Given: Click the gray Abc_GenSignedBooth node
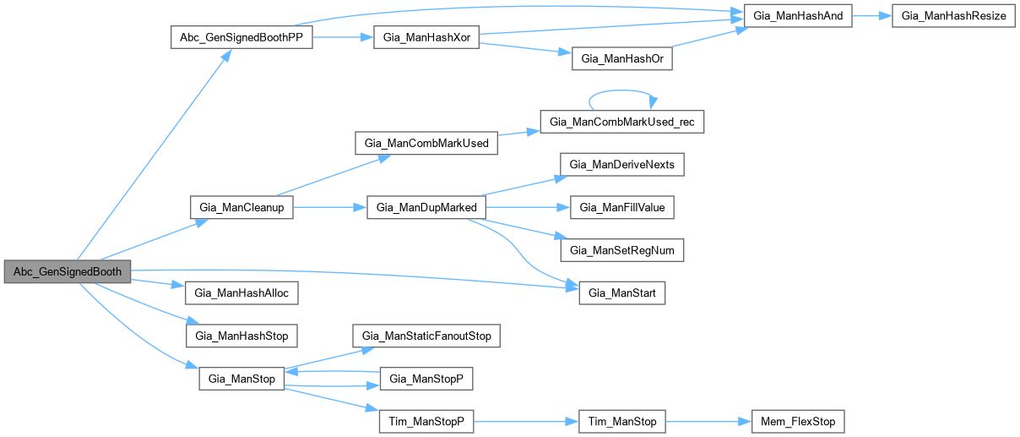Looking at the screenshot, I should tap(68, 272).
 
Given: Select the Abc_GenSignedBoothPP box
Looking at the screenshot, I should tap(241, 38).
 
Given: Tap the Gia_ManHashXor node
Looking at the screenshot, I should tap(426, 38).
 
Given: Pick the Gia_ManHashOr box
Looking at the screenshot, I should tap(621, 59).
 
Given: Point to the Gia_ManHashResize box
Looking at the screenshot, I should tap(953, 17).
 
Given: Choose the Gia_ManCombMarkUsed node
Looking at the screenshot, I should tap(426, 143).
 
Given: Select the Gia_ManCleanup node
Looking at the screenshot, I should tap(241, 208).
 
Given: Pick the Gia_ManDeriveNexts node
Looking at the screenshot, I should tap(621, 165).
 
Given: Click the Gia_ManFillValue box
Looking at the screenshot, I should tap(621, 207).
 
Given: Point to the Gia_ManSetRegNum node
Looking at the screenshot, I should tap(621, 250).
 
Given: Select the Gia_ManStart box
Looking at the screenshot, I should tap(621, 293).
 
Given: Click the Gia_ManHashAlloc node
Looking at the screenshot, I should tap(241, 293).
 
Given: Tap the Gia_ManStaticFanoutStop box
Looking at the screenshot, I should tap(426, 336).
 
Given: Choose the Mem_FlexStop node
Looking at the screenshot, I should tap(797, 421).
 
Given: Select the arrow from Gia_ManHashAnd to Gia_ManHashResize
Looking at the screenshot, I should tap(871, 17).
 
